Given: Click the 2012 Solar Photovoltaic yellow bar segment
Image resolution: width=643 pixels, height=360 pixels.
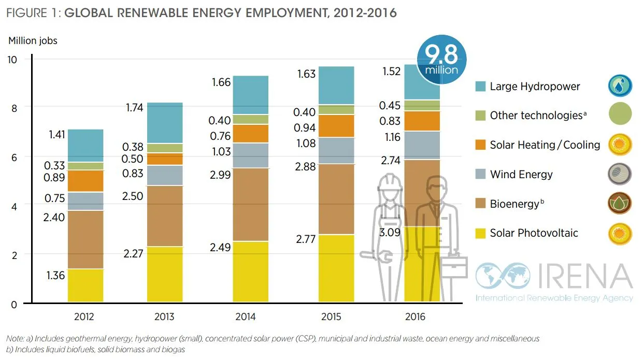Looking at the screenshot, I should tap(85, 285).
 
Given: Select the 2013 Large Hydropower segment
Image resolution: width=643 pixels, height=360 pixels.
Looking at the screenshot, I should tap(165, 123).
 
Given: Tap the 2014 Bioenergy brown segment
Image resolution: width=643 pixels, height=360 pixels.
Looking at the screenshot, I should tap(251, 205).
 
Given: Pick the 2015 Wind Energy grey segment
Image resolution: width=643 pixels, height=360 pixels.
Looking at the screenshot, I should tap(336, 151).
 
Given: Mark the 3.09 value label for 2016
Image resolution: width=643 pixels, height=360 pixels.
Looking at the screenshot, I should tap(390, 233).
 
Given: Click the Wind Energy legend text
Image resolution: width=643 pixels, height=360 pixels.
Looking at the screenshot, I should tap(521, 175).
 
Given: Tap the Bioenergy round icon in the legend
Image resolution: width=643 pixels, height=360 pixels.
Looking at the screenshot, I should tap(620, 204).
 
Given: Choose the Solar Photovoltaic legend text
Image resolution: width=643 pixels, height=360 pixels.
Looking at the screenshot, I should tap(534, 233).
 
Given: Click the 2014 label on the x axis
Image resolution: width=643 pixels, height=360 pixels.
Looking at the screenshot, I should tap(246, 316).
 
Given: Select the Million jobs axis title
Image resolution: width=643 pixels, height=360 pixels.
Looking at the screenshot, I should tap(33, 40).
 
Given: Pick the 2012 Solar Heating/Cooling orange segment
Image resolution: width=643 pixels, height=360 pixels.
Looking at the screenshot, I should tap(85, 181).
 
